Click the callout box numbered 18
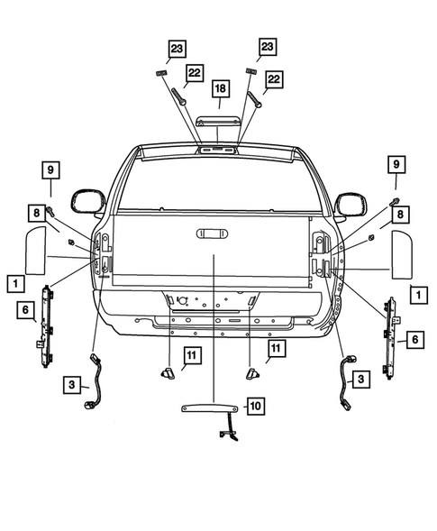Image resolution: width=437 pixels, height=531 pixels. point(219,88)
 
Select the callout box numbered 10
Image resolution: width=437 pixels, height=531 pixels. point(255,407)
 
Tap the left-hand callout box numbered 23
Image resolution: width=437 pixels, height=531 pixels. point(178,48)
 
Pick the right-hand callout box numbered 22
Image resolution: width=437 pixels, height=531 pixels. point(272,80)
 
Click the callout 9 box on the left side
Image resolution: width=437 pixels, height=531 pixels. point(51,169)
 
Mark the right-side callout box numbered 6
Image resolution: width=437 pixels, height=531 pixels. point(414,338)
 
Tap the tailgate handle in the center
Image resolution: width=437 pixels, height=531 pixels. point(214,234)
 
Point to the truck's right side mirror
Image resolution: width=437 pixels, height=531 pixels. point(347,204)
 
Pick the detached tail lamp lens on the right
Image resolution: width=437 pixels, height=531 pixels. point(398,253)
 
